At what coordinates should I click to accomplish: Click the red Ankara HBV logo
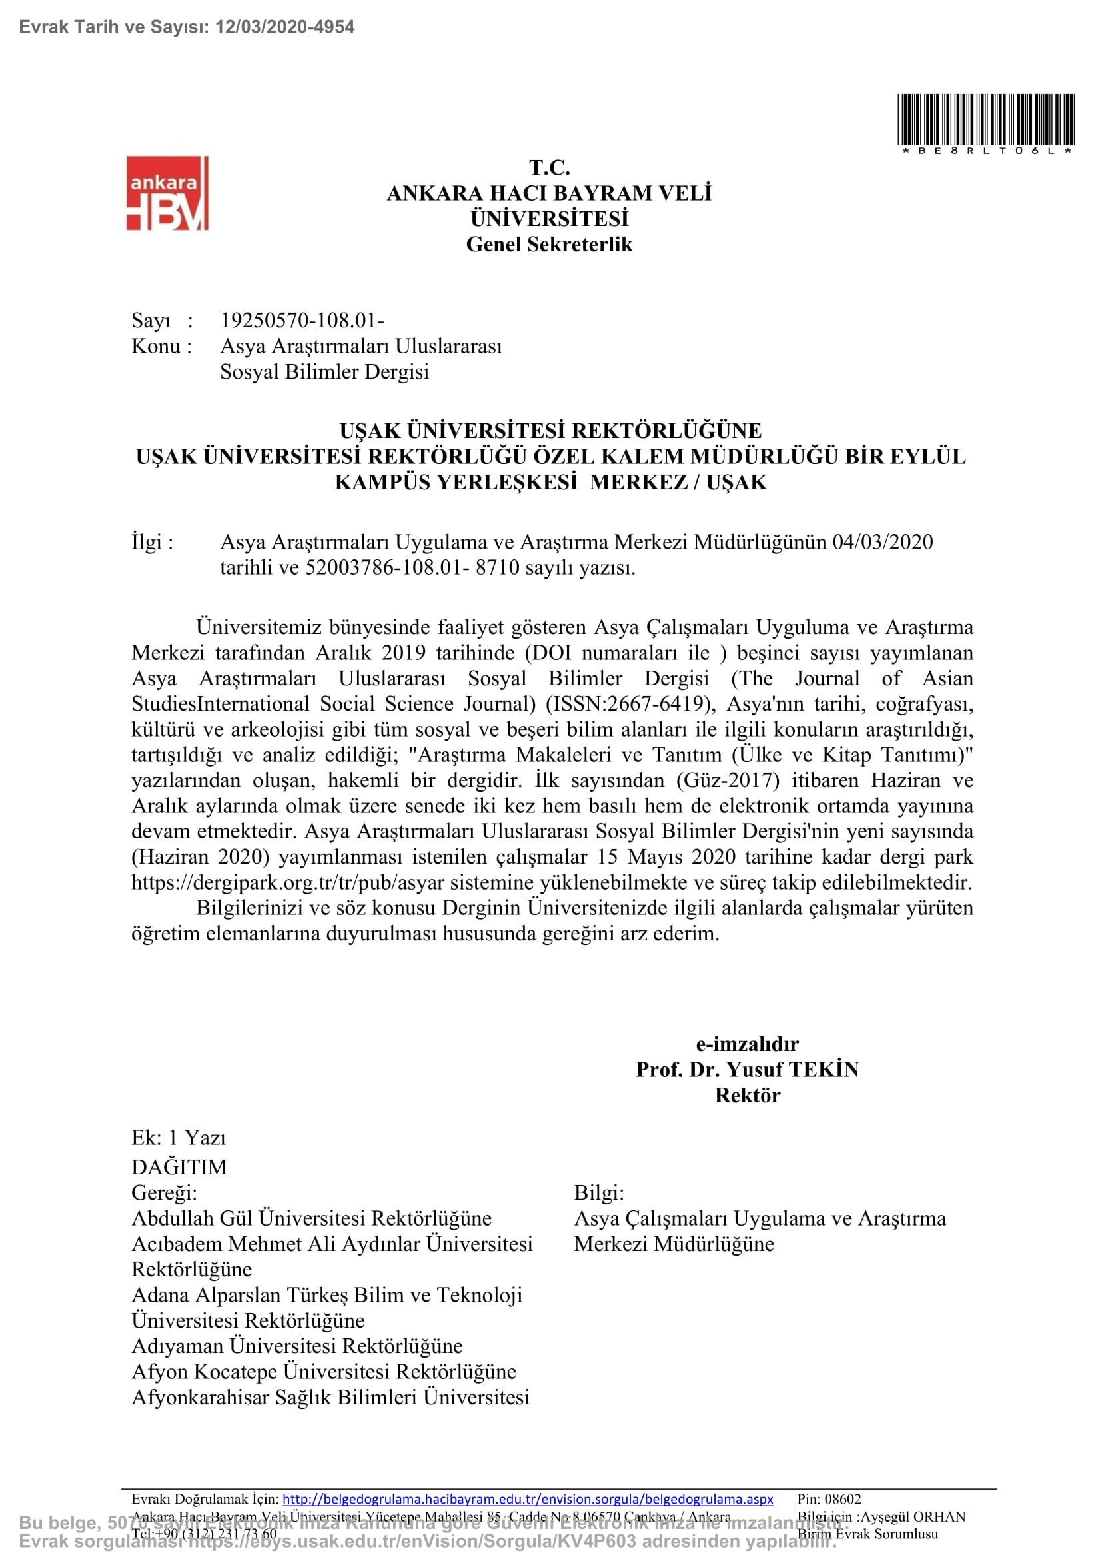point(167,193)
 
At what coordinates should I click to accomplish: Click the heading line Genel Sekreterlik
point(549,245)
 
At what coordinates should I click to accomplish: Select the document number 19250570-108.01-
point(302,321)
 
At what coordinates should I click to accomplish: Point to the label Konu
point(155,347)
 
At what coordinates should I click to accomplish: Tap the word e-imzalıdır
point(747,1044)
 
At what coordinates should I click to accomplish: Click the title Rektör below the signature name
point(747,1095)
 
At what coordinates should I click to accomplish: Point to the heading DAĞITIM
point(179,1167)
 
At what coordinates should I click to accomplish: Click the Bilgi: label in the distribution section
point(598,1193)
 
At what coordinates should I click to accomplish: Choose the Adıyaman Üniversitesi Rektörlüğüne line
point(297,1346)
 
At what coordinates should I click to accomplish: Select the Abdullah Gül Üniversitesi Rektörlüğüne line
point(311,1218)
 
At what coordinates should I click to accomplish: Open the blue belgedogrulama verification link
point(527,1498)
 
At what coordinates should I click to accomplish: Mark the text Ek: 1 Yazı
point(179,1138)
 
